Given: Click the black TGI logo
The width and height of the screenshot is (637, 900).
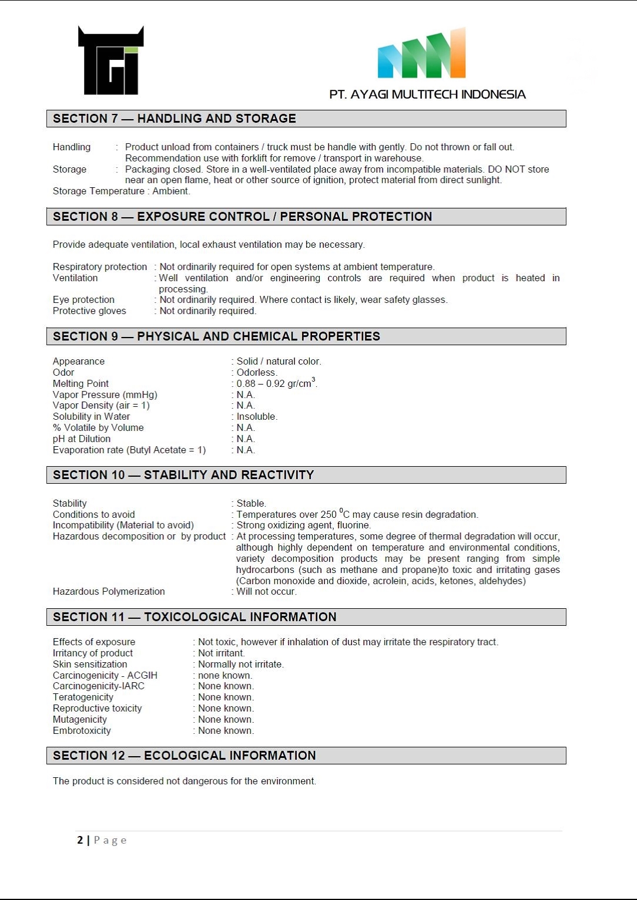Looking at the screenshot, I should [x=110, y=60].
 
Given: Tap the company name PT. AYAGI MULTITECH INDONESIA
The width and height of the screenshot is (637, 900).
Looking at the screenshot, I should [x=427, y=95].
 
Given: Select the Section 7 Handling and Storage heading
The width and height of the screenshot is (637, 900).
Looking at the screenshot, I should [x=175, y=119].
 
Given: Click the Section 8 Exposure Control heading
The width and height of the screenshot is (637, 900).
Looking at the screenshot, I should [x=242, y=217].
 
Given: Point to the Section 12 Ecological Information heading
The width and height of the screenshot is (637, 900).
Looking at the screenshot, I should [x=185, y=756].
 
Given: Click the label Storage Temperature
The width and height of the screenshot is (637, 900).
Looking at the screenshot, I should [x=98, y=191].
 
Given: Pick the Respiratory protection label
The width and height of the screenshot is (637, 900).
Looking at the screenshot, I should [x=100, y=267].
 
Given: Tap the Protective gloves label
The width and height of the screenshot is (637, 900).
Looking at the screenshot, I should [x=89, y=311].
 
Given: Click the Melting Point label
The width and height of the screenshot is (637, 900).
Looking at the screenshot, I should [x=81, y=384].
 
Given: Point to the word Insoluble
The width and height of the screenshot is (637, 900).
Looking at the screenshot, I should [x=256, y=417].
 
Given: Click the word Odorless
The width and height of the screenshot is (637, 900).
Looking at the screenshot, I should [x=256, y=373].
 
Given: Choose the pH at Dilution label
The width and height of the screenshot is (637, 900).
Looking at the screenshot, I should [x=82, y=439].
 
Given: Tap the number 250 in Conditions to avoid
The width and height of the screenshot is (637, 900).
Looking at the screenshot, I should [x=328, y=515].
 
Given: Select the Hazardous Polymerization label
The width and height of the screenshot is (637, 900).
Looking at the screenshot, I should [x=109, y=592].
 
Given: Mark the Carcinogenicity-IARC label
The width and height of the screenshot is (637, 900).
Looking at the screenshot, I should [x=98, y=686].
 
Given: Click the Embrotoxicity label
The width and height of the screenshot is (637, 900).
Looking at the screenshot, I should [x=82, y=731].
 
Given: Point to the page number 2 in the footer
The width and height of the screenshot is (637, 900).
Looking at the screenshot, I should [x=80, y=840].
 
